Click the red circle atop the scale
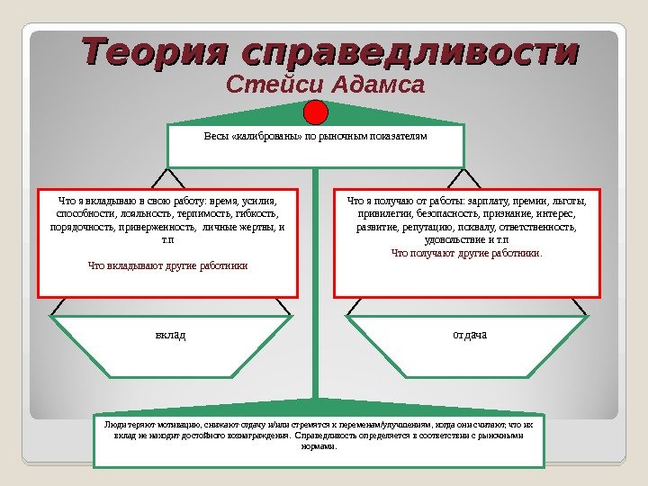click(316, 112)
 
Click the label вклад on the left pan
click(170, 336)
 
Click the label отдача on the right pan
click(470, 336)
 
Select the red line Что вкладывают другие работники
click(167, 266)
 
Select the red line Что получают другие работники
click(467, 254)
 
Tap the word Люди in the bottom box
click(114, 422)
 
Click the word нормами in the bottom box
click(319, 445)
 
